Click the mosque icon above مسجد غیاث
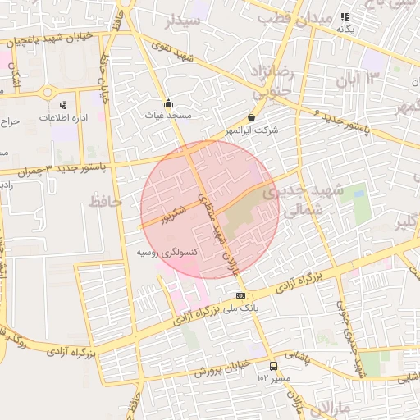[x=169, y=103]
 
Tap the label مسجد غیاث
[x=168, y=116]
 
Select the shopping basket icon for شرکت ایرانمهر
[x=251, y=118]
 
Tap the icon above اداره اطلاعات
[x=63, y=105]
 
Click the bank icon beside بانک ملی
[x=240, y=295]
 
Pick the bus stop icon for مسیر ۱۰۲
[x=272, y=367]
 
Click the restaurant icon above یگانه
[x=345, y=16]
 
